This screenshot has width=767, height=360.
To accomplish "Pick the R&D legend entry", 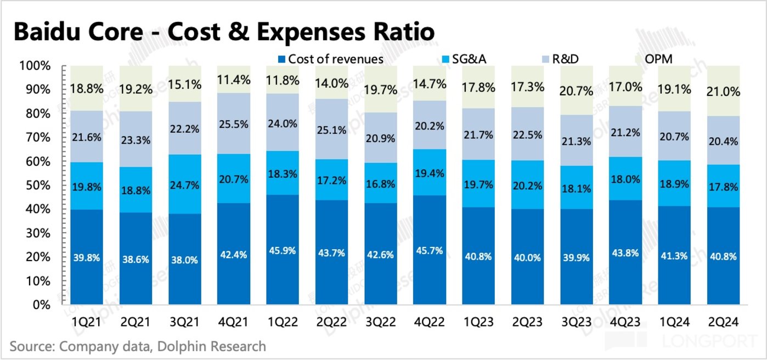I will click(565, 59).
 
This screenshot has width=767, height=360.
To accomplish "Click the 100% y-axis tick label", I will click(36, 66).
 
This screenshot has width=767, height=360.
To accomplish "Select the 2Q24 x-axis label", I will click(723, 322).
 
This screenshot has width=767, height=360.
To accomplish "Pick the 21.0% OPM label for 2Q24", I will click(723, 92).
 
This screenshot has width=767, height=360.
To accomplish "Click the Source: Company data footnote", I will click(137, 347).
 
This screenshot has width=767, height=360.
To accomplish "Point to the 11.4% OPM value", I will click(233, 80).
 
